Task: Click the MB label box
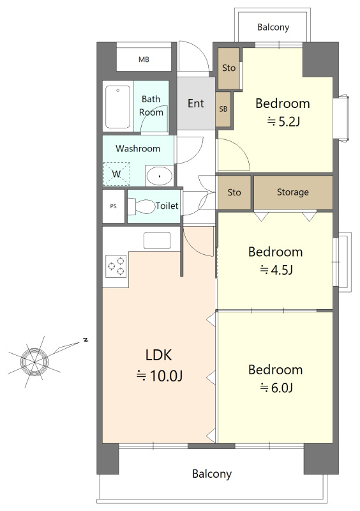[144, 59]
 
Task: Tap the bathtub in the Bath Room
[117, 107]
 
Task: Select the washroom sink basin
[160, 176]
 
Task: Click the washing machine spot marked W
[117, 174]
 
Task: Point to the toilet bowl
[142, 206]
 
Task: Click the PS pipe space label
[114, 206]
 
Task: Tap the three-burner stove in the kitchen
[116, 266]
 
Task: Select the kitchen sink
[157, 241]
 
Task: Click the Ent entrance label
[196, 103]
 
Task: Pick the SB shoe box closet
[223, 109]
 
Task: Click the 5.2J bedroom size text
[283, 121]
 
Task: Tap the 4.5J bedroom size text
[276, 270]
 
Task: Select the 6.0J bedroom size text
[276, 388]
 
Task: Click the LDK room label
[159, 355]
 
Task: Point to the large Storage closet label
[293, 192]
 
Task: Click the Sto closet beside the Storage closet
[234, 192]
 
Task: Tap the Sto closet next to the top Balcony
[229, 68]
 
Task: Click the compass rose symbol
[34, 362]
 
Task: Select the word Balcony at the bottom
[212, 474]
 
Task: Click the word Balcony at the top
[273, 27]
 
